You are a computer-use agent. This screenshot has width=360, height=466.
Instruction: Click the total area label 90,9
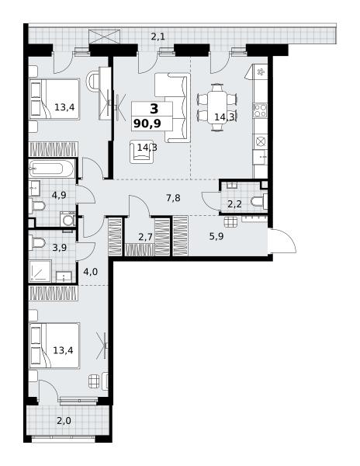147,123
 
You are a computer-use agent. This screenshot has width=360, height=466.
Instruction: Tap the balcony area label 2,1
158,37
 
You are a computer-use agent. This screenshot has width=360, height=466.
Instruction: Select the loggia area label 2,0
64,421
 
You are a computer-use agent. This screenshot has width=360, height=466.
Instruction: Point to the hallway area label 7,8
173,197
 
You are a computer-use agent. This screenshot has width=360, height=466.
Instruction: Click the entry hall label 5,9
216,237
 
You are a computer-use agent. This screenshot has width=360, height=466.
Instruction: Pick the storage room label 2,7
145,237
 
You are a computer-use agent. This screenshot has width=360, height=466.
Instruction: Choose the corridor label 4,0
91,272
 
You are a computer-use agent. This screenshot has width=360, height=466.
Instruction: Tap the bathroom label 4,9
59,195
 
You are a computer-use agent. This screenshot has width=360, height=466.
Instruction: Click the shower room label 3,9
60,248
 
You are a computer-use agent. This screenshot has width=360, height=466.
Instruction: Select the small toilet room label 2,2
234,203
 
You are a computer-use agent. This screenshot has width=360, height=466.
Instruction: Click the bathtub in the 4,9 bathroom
51,169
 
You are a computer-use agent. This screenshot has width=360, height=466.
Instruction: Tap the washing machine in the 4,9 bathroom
68,219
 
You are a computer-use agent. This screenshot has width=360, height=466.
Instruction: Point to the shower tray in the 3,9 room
40,271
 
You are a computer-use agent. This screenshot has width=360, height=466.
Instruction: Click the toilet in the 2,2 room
259,201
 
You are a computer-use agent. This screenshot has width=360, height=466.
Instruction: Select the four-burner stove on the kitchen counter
260,110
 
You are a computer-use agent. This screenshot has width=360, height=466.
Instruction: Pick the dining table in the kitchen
217,107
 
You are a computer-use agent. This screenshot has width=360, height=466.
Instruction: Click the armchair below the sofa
141,152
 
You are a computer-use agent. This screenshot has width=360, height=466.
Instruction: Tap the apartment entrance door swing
284,241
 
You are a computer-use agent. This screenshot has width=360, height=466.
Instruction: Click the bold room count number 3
154,109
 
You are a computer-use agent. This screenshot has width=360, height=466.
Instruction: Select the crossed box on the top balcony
105,37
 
